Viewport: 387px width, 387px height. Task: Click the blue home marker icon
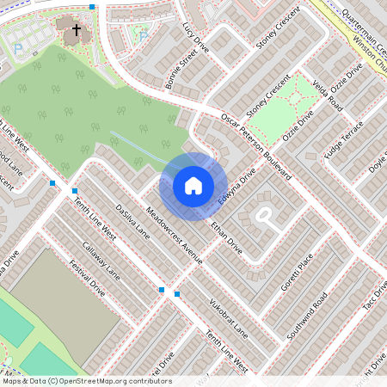(193, 185)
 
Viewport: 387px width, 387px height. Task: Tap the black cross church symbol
(76, 31)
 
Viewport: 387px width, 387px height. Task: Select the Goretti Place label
(298, 272)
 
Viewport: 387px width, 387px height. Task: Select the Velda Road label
(329, 95)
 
